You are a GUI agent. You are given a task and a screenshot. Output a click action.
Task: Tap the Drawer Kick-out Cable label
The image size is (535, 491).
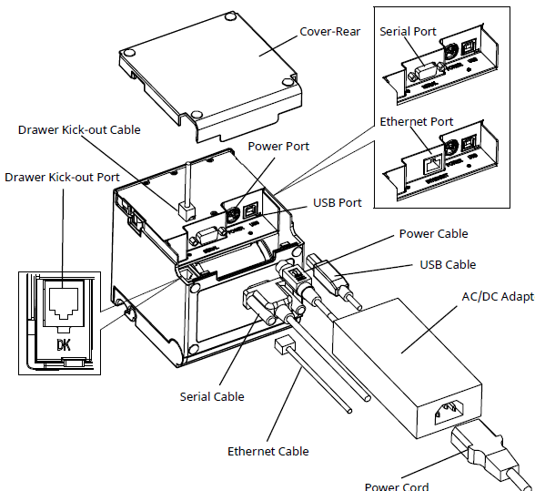79,129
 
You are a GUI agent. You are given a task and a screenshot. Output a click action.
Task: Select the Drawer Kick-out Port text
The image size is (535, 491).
61,175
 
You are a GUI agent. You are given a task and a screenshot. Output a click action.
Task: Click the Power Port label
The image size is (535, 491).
278,146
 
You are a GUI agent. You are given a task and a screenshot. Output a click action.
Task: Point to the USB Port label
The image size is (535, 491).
338,202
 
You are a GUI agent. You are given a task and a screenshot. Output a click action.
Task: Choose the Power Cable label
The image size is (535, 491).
433,234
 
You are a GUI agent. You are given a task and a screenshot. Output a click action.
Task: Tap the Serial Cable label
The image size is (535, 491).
212,396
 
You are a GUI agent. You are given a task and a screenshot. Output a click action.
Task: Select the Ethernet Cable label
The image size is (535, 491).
267,451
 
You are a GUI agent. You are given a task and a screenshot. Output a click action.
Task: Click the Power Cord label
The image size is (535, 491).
397,486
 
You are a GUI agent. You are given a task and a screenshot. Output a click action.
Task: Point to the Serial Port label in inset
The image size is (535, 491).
408,31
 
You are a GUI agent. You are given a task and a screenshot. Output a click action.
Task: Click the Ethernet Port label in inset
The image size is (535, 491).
416,121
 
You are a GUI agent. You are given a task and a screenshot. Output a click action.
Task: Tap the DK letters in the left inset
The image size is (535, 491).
64,345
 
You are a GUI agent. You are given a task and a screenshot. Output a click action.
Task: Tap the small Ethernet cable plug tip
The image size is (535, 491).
282,343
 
